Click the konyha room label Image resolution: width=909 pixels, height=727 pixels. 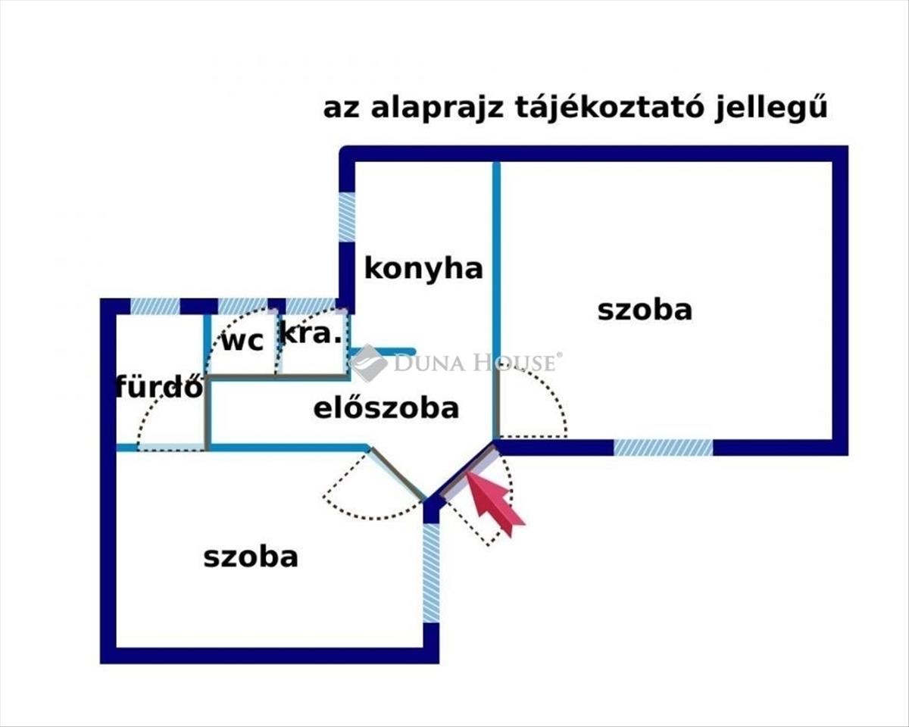pos(423,269)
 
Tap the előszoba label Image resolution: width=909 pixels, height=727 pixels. pos(386,408)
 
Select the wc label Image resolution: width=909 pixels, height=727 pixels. pos(242,341)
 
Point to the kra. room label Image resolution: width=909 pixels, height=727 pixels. pos(311,334)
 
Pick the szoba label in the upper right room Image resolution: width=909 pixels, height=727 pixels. pos(645,310)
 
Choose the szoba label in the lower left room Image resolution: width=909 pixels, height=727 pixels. pos(251,557)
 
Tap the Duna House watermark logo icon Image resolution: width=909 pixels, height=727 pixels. pos(368,363)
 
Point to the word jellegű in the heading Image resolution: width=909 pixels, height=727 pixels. pos(771,108)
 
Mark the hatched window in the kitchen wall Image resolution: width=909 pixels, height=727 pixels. pos(347,217)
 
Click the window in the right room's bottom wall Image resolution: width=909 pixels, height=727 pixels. pos(663,448)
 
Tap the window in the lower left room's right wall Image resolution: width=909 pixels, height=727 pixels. pos(431,573)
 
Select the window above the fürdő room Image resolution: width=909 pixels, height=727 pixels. pos(155,306)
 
